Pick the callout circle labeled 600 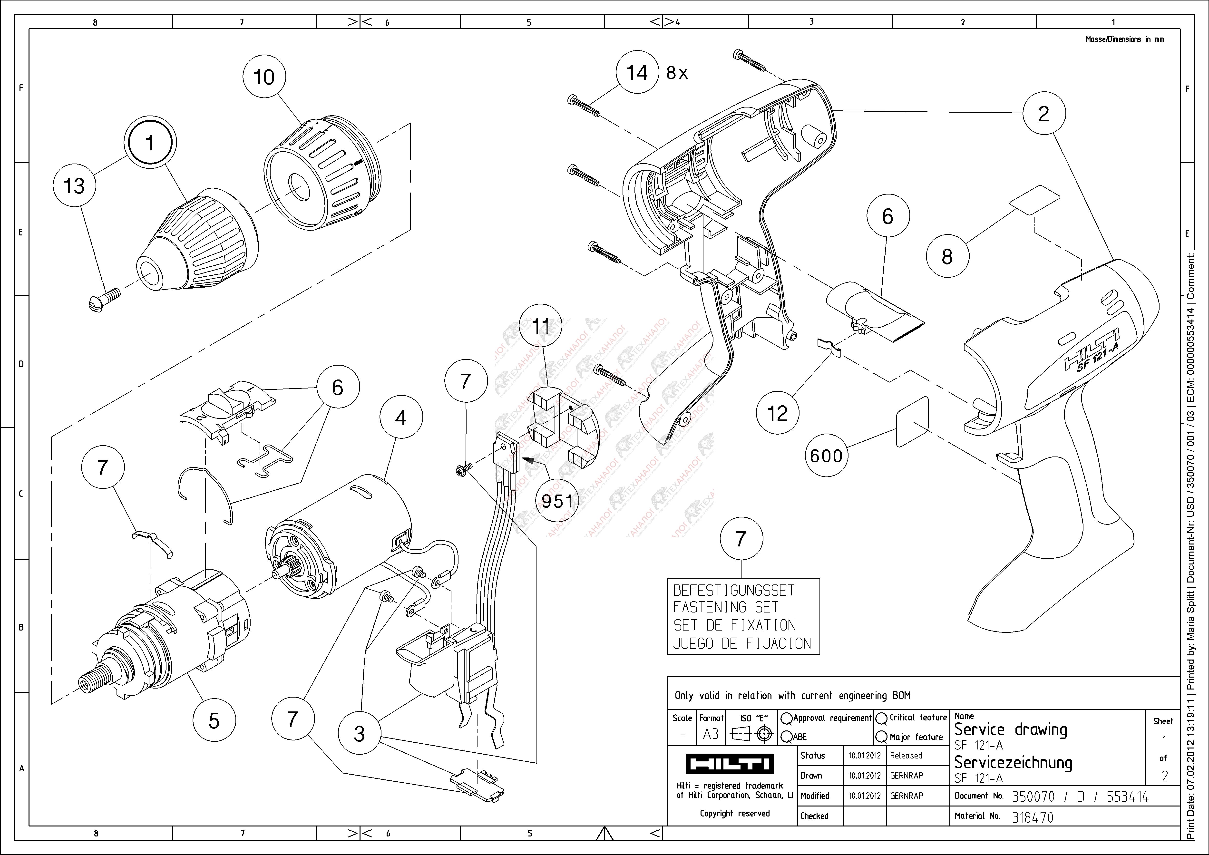pyautogui.click(x=826, y=455)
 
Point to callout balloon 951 pyautogui.click(x=557, y=501)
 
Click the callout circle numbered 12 pyautogui.click(x=777, y=413)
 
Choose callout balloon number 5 pyautogui.click(x=214, y=721)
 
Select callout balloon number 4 pyautogui.click(x=401, y=418)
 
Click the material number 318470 pyautogui.click(x=1032, y=817)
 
